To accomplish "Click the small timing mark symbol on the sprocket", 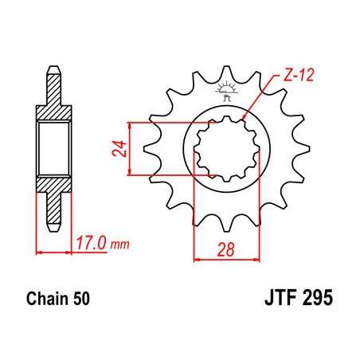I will click(227, 92).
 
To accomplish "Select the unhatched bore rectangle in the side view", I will click(53, 147).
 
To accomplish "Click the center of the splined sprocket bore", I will click(227, 147).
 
